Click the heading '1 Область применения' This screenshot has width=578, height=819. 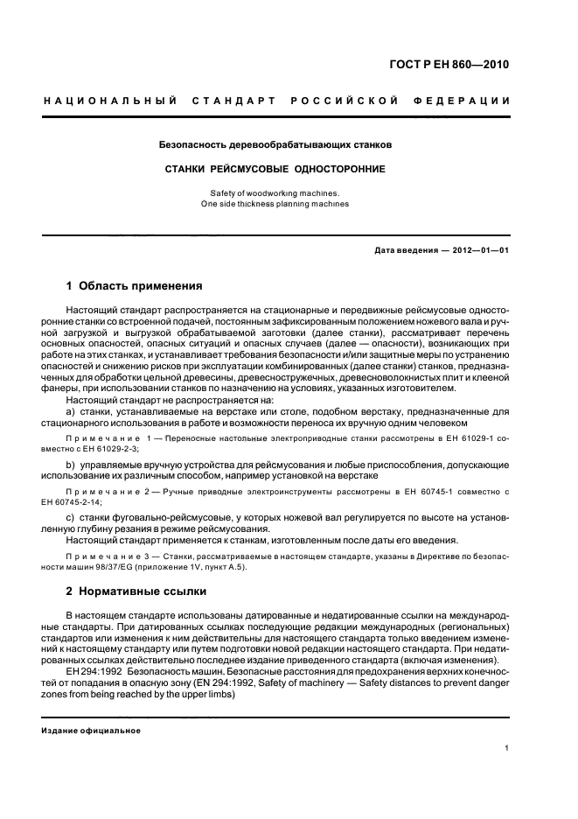[135, 285]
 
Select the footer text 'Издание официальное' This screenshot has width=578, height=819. [91, 730]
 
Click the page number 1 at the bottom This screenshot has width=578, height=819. [507, 748]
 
